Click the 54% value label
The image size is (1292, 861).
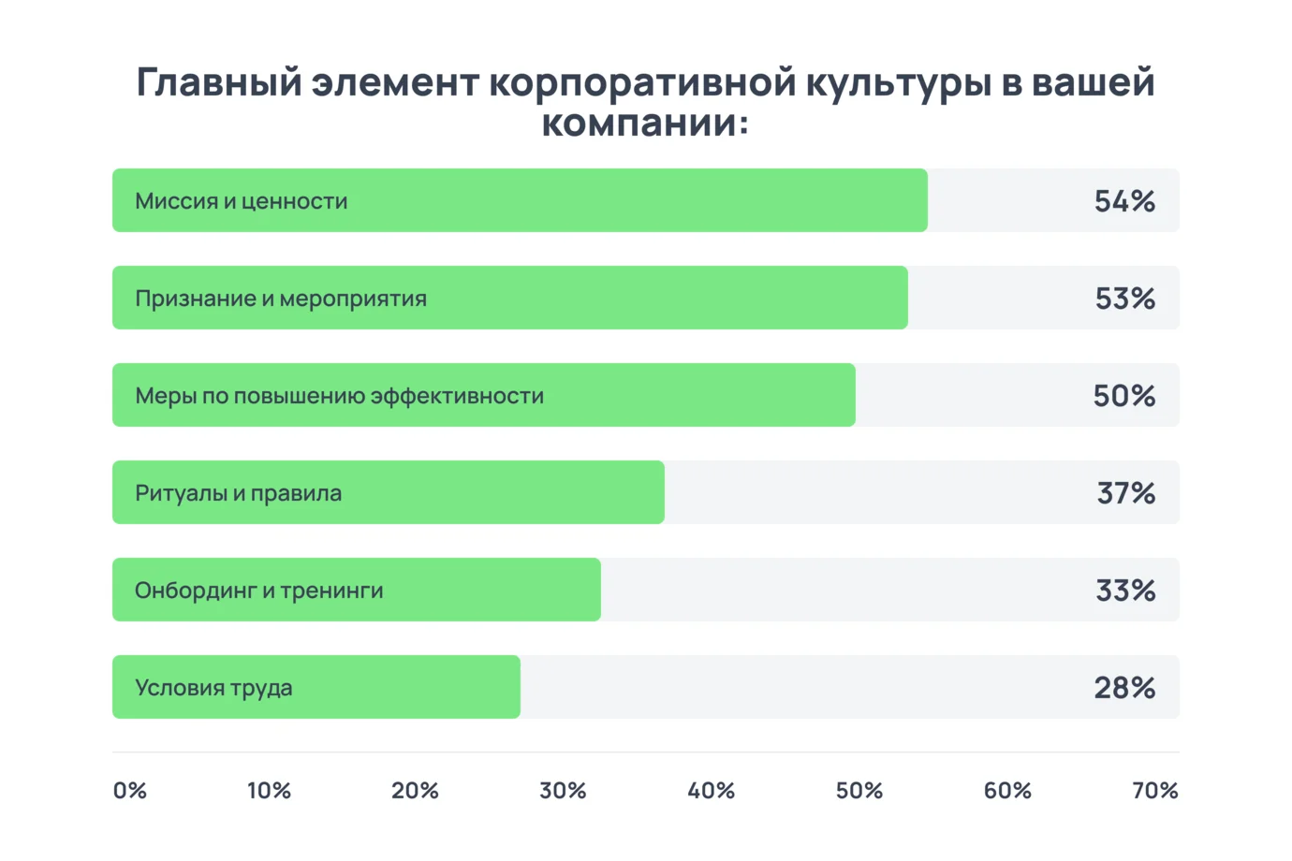coord(1124,201)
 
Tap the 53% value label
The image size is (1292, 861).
coord(1124,299)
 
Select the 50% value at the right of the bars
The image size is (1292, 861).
coord(1123,396)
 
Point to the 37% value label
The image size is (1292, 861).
coord(1125,493)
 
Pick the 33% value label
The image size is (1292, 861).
coord(1125,591)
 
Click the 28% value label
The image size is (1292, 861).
coord(1124,688)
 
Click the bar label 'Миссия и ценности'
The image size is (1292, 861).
coord(242,201)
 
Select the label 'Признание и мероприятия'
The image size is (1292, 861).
coord(281,299)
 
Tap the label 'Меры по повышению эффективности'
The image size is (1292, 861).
coord(339,396)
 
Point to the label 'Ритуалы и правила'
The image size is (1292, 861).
coord(238,493)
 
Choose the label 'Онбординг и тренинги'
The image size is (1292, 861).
coord(259,591)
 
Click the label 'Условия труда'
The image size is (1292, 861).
coord(213,688)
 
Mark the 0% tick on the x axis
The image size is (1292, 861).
coord(130,791)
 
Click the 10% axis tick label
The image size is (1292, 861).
coord(269,791)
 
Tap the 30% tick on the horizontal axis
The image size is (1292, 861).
coord(563,791)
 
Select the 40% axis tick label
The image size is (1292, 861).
coord(711,791)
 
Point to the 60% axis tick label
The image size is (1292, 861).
coord(1007,791)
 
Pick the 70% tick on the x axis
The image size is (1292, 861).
coord(1154,791)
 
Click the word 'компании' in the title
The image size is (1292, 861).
coord(639,123)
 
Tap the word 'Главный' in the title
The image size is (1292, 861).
coord(220,82)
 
